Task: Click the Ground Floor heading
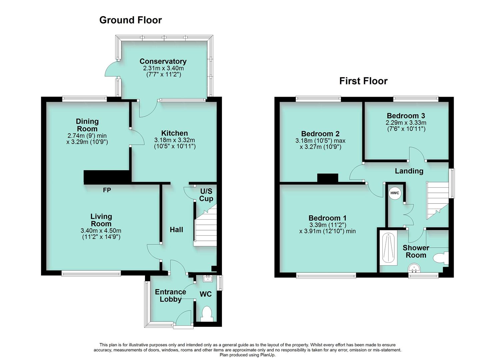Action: tap(130, 20)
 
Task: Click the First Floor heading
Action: tap(363, 81)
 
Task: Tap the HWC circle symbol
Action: tap(395, 193)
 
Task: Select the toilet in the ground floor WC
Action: tap(207, 314)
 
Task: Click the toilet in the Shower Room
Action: tap(441, 258)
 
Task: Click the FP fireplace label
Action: tap(107, 190)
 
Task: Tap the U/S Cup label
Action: tap(206, 195)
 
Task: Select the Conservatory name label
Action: tap(163, 61)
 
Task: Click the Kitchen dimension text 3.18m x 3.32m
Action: tap(175, 140)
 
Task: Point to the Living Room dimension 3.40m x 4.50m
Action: tap(101, 231)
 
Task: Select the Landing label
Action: tap(409, 171)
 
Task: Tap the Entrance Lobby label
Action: tap(170, 296)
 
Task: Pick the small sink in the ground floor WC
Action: tap(209, 278)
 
